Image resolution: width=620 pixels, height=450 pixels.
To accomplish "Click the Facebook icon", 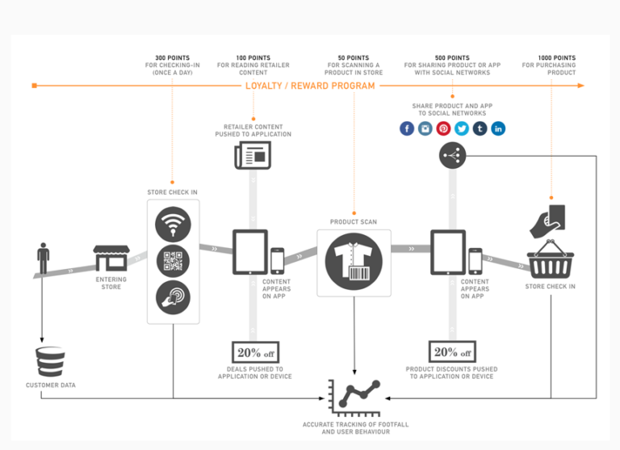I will click(x=407, y=128).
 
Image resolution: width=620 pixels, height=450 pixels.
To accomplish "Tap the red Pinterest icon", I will click(x=443, y=128).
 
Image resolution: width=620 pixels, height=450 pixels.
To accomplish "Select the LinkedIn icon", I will click(x=498, y=128).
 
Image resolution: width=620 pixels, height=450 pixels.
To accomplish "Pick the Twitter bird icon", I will click(x=462, y=128).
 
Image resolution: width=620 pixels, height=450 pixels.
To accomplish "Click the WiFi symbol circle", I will click(x=173, y=223).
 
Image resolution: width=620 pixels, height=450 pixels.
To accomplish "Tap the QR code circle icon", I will click(x=173, y=260).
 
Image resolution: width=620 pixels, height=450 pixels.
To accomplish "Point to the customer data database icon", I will click(x=50, y=361).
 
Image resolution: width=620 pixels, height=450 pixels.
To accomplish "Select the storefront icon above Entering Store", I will click(x=111, y=259).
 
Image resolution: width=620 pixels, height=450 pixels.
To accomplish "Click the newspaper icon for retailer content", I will click(x=253, y=155).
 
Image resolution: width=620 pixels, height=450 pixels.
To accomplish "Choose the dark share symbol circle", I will click(x=453, y=156).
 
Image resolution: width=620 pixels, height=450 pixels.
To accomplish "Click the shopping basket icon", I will click(x=550, y=263).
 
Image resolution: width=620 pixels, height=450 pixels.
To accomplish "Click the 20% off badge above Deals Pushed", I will click(x=254, y=352).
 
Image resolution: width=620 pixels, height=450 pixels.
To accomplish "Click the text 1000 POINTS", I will click(x=556, y=58).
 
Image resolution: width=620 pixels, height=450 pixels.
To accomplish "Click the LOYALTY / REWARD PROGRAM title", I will click(x=310, y=86).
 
